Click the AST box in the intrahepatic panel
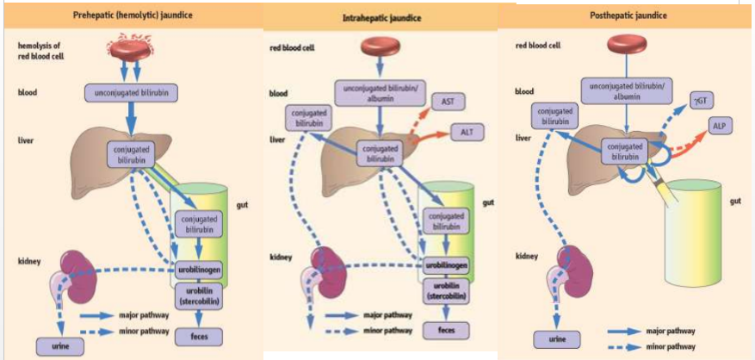[448, 102]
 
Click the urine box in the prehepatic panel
[54, 346]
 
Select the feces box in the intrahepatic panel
[446, 330]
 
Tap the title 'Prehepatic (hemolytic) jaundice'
[133, 16]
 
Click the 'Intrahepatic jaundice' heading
[382, 17]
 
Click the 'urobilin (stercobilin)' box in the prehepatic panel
[201, 295]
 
